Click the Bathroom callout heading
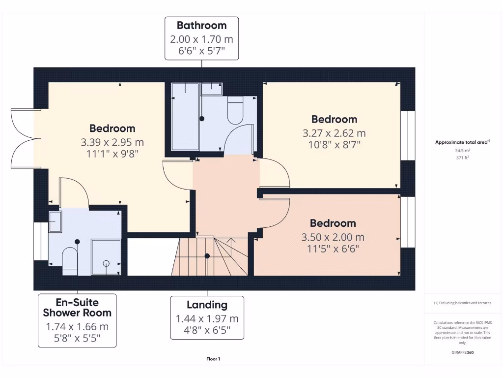click(x=201, y=25)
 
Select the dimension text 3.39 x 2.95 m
click(x=112, y=143)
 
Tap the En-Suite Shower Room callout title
click(x=77, y=308)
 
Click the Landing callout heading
click(x=207, y=305)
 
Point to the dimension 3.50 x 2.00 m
click(x=333, y=237)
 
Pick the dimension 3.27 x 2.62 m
click(x=334, y=133)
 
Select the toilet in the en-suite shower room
click(x=70, y=260)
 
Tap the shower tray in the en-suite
click(x=106, y=256)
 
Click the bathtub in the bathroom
click(x=185, y=117)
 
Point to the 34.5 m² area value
click(x=462, y=151)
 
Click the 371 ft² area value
click(x=462, y=158)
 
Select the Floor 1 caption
click(x=213, y=359)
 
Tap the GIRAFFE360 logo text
click(x=462, y=352)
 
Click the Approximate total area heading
click(x=462, y=142)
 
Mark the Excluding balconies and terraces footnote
click(x=462, y=303)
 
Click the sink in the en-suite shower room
click(x=55, y=222)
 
